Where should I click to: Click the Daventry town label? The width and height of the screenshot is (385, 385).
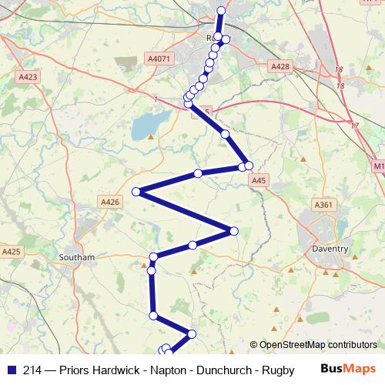[x=331, y=249]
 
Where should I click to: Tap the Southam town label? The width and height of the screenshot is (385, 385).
[x=76, y=256]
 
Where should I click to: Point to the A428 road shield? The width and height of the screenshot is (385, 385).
[x=280, y=67]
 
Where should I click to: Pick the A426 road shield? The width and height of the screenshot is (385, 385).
[x=110, y=201]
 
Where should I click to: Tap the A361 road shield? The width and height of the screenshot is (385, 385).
[x=323, y=204]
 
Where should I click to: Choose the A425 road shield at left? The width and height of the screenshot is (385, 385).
[x=12, y=251]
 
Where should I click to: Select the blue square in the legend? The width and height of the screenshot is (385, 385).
[x=12, y=370]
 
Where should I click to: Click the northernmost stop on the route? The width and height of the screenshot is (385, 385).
[x=222, y=11]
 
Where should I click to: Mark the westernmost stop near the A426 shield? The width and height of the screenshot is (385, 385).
[x=136, y=192]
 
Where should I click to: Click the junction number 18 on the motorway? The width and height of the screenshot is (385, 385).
[x=339, y=69]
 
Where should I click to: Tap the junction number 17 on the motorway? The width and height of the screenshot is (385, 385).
[x=353, y=125]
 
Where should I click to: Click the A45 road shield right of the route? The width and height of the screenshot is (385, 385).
[x=259, y=180]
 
